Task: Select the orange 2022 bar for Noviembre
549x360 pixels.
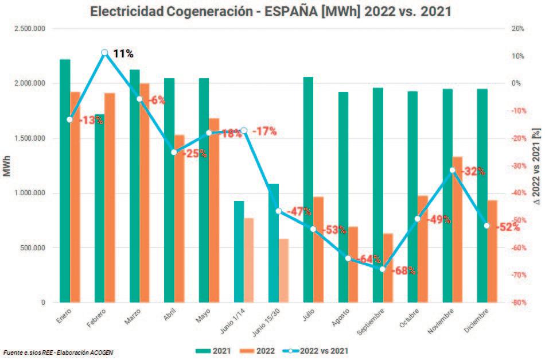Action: (x=457, y=230)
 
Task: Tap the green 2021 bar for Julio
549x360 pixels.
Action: (x=308, y=189)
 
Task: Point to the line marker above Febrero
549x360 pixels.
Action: (x=104, y=53)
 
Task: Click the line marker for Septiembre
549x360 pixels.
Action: (x=383, y=269)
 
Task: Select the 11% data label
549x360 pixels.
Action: (x=123, y=54)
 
